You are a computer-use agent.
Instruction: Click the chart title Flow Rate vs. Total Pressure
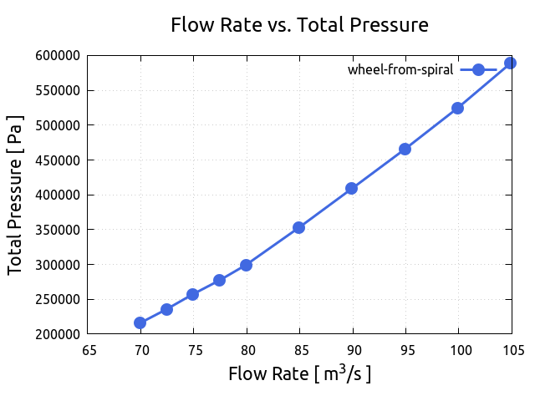299,25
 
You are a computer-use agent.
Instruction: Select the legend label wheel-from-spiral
400,69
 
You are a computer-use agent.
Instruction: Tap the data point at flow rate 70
140,322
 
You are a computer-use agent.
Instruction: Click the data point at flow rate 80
246,265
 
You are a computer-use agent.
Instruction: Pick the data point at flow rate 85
298,227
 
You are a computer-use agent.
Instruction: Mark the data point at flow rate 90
351,188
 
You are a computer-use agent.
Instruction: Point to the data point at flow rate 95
405,149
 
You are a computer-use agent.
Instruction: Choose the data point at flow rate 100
457,108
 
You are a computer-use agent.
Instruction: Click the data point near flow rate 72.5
166,309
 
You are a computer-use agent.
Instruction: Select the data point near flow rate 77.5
219,280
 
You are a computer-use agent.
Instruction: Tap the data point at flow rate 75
192,294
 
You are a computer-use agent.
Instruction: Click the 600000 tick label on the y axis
58,56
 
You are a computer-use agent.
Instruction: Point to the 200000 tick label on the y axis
58,334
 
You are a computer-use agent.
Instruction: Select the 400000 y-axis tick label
58,195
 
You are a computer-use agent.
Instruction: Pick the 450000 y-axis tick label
58,160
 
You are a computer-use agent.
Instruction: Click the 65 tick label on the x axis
89,350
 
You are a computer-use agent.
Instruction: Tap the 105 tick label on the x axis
511,350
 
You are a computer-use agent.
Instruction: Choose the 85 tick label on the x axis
299,350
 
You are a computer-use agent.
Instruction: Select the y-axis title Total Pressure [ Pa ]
15,195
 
